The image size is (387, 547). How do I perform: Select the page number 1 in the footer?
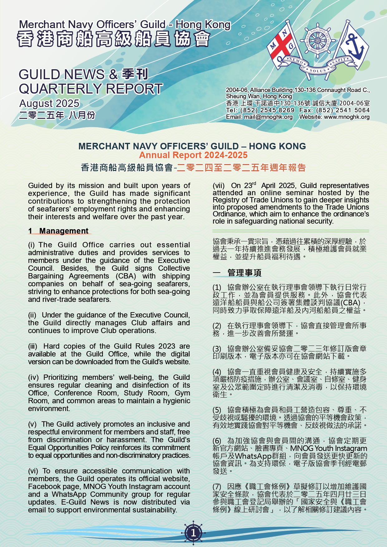coord(193,532)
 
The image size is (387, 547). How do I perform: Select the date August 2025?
coord(49,103)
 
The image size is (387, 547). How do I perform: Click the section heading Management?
coord(64,231)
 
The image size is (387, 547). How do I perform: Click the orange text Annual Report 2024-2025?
coord(193,155)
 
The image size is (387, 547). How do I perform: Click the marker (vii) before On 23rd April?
coord(218,186)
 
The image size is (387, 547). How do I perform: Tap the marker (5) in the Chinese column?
coord(217,410)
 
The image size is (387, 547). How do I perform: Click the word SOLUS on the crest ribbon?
coord(317,71)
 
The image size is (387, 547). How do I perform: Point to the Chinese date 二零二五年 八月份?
coord(57,115)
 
